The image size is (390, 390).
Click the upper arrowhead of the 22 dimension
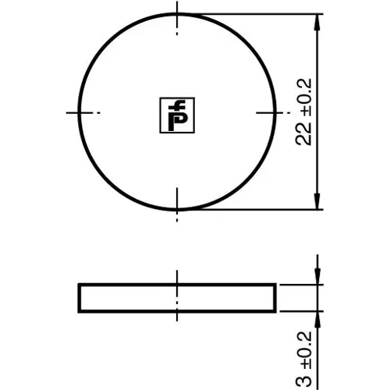click(317, 22)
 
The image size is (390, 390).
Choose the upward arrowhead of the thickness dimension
click(317, 320)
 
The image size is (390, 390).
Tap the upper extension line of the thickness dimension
click(300, 285)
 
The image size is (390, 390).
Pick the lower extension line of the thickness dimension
click(300, 311)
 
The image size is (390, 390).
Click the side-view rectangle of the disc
click(117, 298)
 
